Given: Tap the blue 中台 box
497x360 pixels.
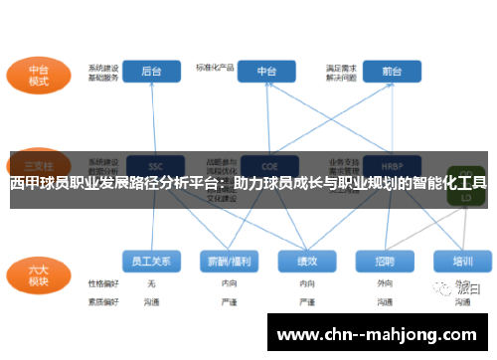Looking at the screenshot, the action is pyautogui.click(x=266, y=72).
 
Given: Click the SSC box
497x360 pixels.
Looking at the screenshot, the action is pyautogui.click(x=153, y=164).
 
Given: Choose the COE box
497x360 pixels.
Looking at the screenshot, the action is pyautogui.click(x=266, y=164).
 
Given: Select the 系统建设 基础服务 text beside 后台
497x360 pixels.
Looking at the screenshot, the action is pyautogui.click(x=103, y=72).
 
